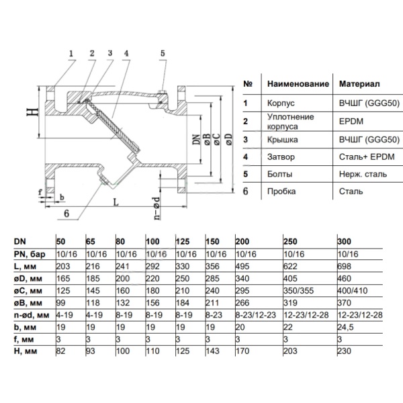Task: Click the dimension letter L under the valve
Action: click(x=116, y=201)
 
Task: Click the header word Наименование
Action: click(x=298, y=85)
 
